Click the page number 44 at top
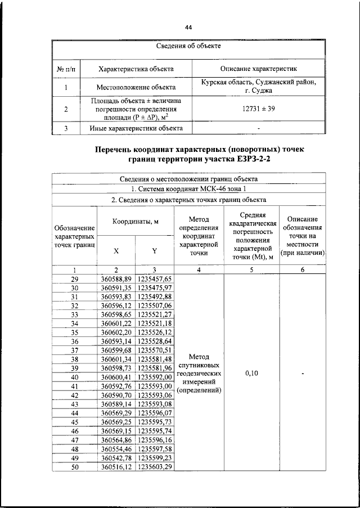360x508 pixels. tap(188, 27)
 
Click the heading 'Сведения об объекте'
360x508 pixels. tap(188, 46)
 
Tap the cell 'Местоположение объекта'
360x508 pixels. tap(136, 87)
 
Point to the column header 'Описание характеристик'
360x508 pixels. tap(258, 69)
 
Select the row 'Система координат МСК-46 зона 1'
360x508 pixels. tap(188, 188)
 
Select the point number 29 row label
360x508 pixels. tap(74, 279)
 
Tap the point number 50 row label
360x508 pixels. tap(74, 467)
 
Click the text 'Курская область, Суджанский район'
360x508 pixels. tap(258, 82)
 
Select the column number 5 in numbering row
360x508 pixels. tap(251, 270)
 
